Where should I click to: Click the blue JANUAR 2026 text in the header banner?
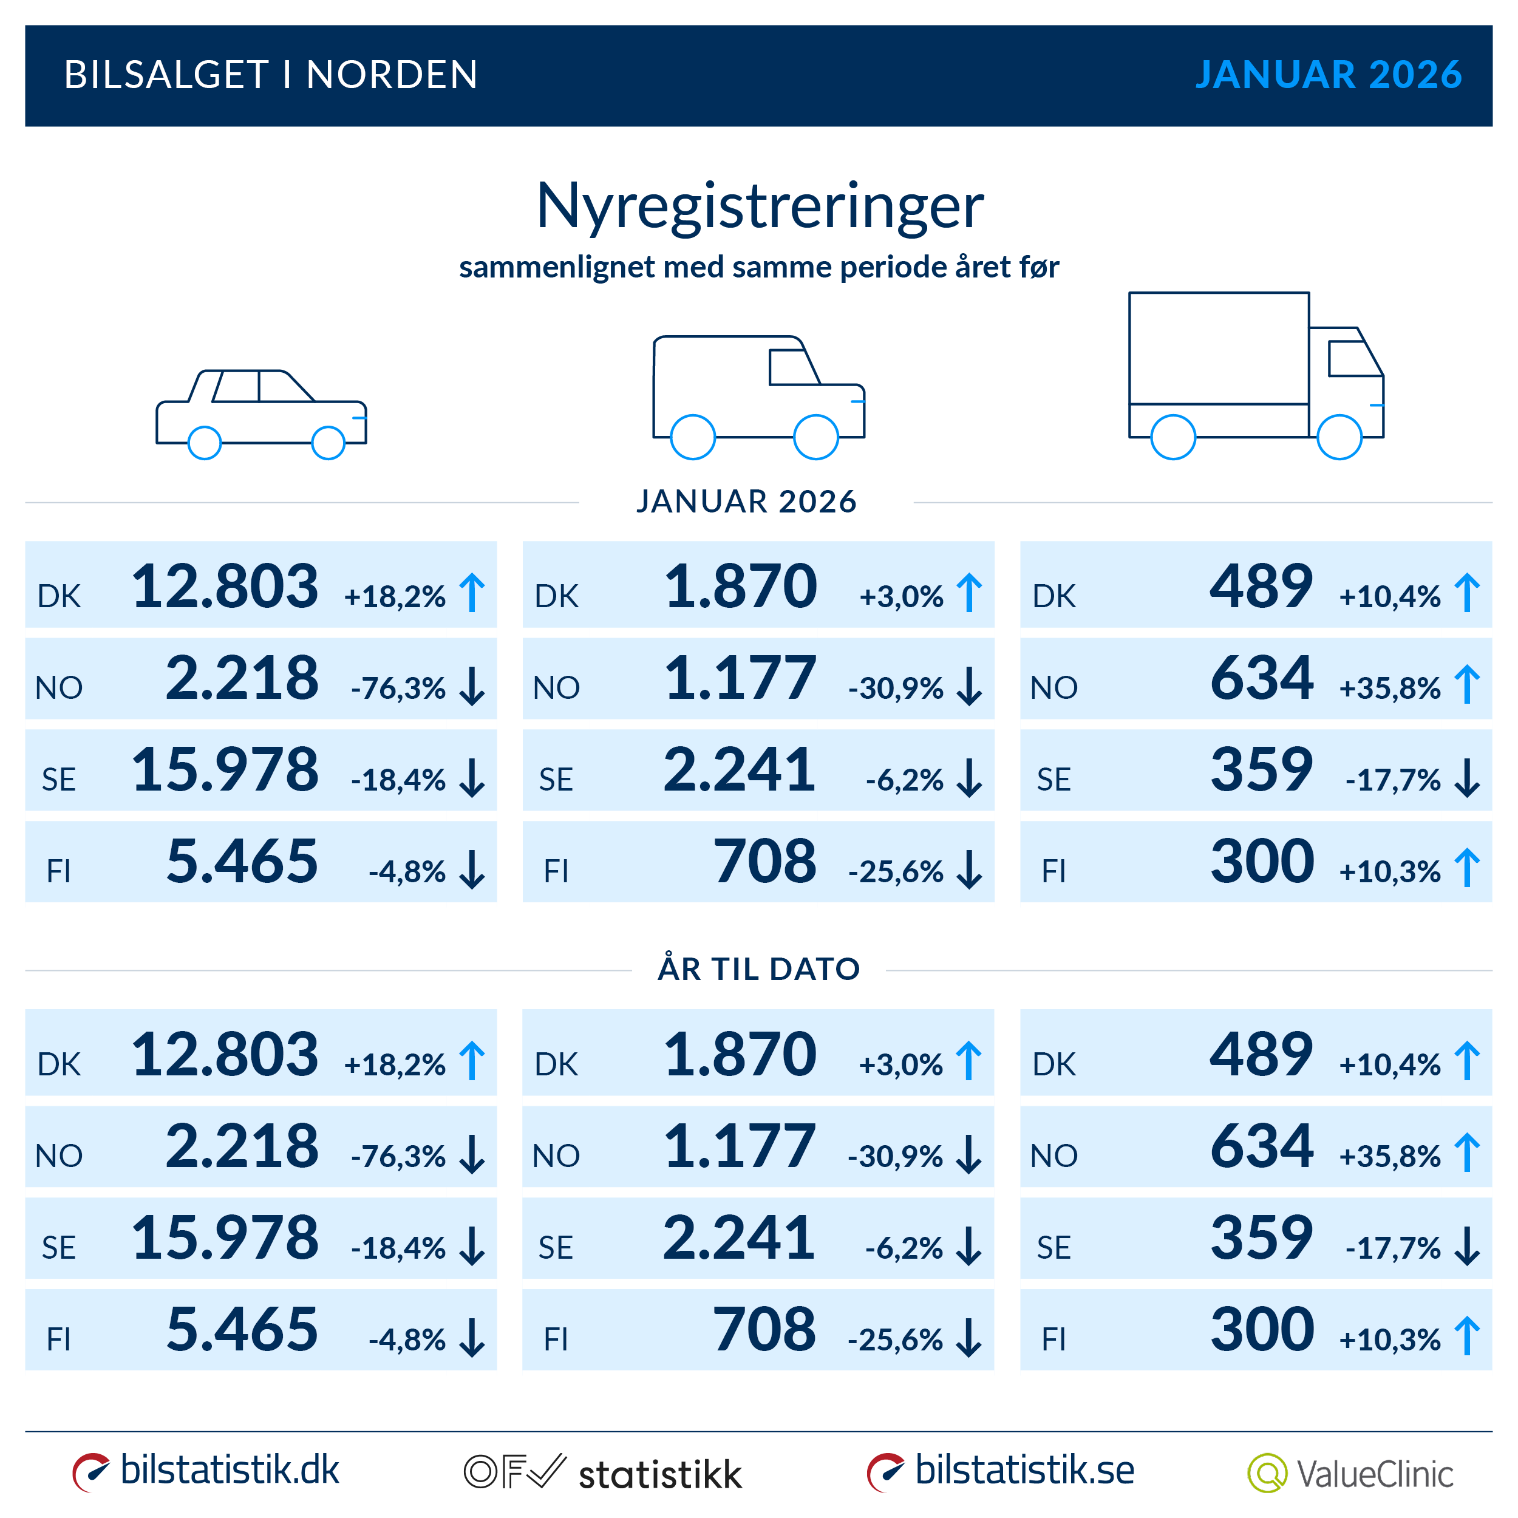(1328, 75)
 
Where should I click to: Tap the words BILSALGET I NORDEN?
(270, 75)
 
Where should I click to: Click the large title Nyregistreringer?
(759, 206)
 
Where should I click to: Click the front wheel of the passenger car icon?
(328, 443)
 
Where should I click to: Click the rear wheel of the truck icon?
(1173, 437)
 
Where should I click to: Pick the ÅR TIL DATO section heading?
(759, 968)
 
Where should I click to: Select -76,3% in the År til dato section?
(398, 1156)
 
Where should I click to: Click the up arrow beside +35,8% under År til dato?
(1467, 1152)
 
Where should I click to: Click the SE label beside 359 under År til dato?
(1053, 1248)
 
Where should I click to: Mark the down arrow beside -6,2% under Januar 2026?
(970, 778)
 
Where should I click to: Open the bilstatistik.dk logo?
(206, 1471)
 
